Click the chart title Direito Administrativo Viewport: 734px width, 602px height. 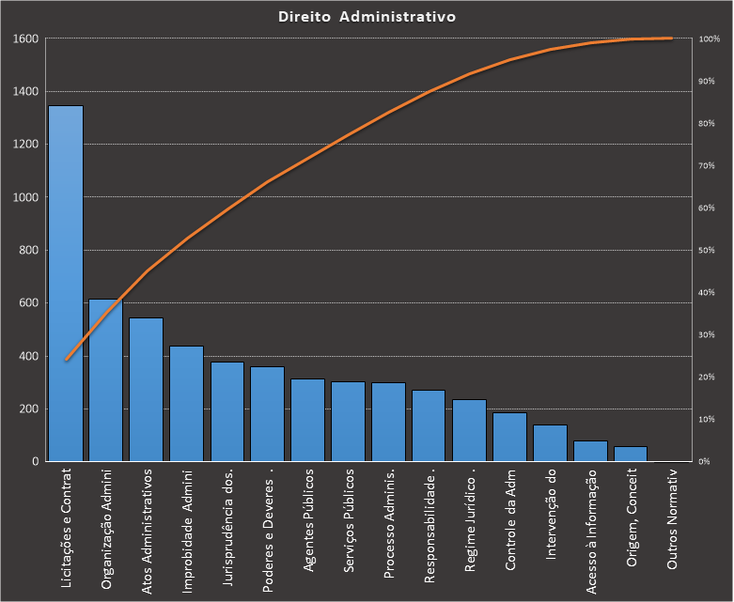(367, 17)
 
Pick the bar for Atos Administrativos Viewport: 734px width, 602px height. (147, 390)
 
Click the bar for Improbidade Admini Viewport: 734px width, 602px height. (187, 404)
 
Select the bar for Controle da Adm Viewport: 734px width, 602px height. (509, 437)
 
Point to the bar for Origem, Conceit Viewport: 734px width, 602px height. (631, 454)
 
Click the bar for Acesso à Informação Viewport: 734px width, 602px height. (590, 451)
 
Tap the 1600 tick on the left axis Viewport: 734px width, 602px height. (25, 39)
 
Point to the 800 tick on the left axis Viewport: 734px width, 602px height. (28, 251)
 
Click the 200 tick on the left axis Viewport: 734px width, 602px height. (28, 409)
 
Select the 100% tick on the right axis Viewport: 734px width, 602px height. (710, 39)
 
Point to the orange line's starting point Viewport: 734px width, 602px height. (66, 360)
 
